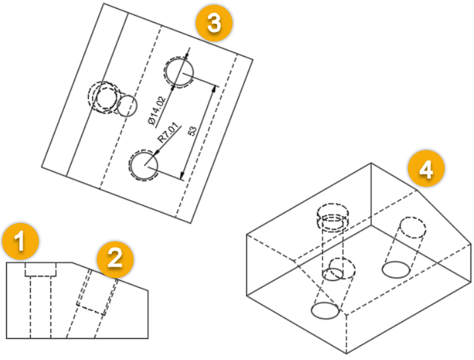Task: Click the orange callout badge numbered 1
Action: pos(20,241)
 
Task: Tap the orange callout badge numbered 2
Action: pos(115,259)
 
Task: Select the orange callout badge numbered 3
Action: pos(214,23)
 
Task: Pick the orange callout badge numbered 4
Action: pos(426,168)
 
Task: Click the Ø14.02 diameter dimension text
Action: pos(158,110)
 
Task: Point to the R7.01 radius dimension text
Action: pos(168,133)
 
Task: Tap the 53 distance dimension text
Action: pos(192,131)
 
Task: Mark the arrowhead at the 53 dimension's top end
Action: pos(215,88)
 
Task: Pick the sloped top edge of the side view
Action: pos(110,276)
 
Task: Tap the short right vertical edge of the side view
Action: pos(148,314)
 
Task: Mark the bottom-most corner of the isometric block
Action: pos(346,354)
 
